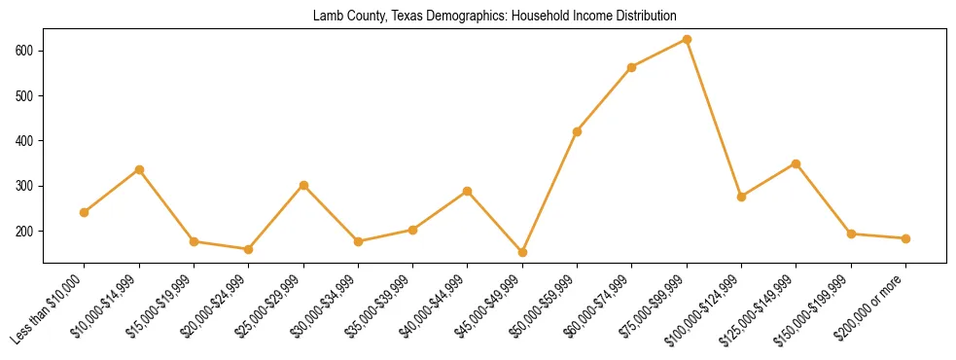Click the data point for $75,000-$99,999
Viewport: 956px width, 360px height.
click(x=687, y=40)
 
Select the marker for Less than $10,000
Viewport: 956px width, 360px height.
click(x=85, y=212)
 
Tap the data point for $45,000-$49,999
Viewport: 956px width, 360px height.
click(x=522, y=252)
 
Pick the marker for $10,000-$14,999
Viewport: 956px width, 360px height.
click(x=139, y=169)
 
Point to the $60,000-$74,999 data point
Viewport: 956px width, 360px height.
click(x=632, y=67)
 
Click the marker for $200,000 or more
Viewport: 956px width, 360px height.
click(x=905, y=238)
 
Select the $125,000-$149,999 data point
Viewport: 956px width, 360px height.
click(x=797, y=163)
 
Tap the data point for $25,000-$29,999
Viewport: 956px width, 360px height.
click(x=303, y=185)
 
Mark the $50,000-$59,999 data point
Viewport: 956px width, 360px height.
click(x=578, y=131)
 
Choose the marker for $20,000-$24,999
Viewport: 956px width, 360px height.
click(x=249, y=249)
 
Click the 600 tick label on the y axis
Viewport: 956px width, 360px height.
click(x=25, y=51)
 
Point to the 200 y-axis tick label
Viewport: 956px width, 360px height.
click(x=25, y=232)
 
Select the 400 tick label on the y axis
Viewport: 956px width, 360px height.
click(x=25, y=141)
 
